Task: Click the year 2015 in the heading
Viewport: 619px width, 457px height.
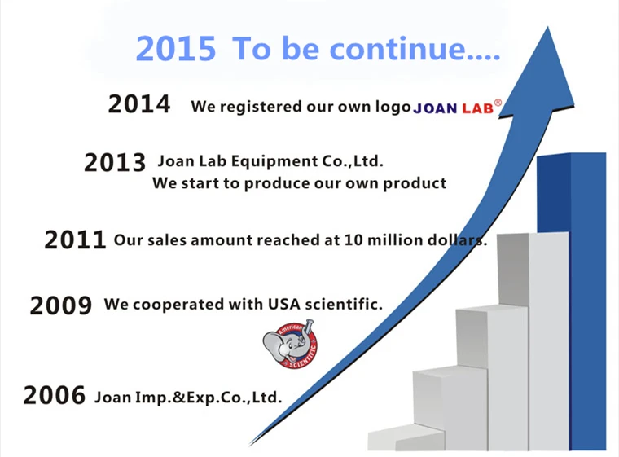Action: click(176, 49)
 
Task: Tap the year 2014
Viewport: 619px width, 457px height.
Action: click(139, 104)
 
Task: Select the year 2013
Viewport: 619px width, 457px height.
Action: click(115, 162)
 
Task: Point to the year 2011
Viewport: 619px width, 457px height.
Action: click(75, 239)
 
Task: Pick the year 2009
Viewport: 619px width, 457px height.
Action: click(61, 305)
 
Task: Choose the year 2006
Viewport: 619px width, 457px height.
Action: click(54, 395)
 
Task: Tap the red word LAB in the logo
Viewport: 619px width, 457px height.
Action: click(477, 108)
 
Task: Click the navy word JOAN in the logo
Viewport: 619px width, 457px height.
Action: click(435, 108)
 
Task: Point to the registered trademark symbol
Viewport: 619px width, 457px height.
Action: click(498, 103)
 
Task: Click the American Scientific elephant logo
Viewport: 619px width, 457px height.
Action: click(290, 344)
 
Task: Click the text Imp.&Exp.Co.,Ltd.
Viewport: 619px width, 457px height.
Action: click(209, 398)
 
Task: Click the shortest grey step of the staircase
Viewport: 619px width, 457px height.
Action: click(406, 437)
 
